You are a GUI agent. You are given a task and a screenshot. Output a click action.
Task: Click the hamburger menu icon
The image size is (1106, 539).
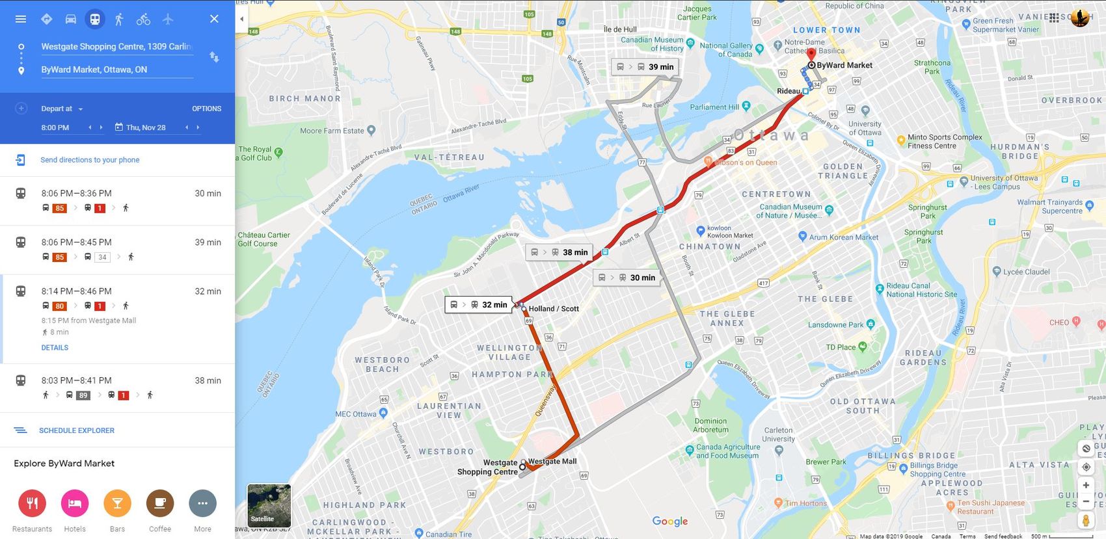[x=21, y=19]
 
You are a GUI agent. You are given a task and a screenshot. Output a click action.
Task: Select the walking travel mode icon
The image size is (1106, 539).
[x=118, y=19]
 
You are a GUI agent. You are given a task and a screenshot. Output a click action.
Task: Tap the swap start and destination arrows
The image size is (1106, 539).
[x=214, y=57]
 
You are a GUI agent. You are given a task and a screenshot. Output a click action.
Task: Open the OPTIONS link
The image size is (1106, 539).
[x=206, y=109]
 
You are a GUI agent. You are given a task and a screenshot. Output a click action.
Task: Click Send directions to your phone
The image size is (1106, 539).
[x=90, y=160]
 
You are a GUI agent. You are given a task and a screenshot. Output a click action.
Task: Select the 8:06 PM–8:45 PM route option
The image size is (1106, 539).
[x=117, y=249]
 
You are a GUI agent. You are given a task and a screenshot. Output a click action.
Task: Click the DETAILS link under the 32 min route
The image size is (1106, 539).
[x=55, y=348]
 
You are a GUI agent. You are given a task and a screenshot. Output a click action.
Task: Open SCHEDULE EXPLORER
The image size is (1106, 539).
[x=76, y=430]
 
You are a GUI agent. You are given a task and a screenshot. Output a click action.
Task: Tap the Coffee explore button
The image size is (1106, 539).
[x=160, y=503]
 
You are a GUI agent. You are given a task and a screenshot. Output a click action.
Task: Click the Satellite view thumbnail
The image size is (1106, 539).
[x=269, y=505]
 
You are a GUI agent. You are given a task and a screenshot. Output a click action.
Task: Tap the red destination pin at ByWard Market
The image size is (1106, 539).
[x=811, y=54]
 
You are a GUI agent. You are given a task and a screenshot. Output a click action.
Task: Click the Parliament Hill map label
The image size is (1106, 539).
[x=714, y=107]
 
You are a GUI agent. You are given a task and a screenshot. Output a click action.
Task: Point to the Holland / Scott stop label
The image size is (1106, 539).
[x=554, y=309]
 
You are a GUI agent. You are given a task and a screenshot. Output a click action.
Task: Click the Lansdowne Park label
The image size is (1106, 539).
[x=835, y=324]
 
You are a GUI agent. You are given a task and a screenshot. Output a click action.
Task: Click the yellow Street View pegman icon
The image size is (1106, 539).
[x=1086, y=520]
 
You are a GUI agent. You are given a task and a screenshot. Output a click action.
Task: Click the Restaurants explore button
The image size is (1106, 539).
[x=32, y=503]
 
